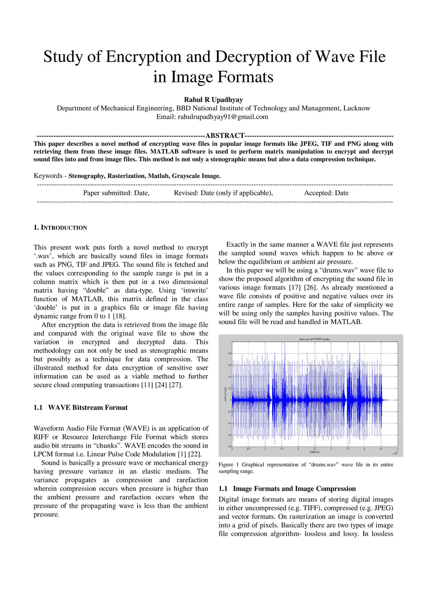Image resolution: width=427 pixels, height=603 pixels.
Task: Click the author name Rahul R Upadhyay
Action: pyautogui.click(x=213, y=100)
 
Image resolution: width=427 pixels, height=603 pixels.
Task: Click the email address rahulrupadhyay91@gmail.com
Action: pyautogui.click(x=223, y=117)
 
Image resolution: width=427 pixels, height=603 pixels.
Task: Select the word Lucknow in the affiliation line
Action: pyautogui.click(x=357, y=108)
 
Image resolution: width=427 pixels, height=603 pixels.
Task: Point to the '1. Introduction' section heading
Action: pyautogui.click(x=60, y=227)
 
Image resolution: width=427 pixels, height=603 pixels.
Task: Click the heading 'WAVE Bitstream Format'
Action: pyautogui.click(x=88, y=407)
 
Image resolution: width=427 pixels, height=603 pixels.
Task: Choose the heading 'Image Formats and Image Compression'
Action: pyautogui.click(x=294, y=488)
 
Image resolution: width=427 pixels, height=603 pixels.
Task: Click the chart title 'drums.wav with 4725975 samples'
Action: pyautogui.click(x=314, y=339)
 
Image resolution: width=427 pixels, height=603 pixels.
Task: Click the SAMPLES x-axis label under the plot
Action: pyautogui.click(x=315, y=452)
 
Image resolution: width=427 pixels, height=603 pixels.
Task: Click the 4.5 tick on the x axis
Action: pyautogui.click(x=381, y=449)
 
